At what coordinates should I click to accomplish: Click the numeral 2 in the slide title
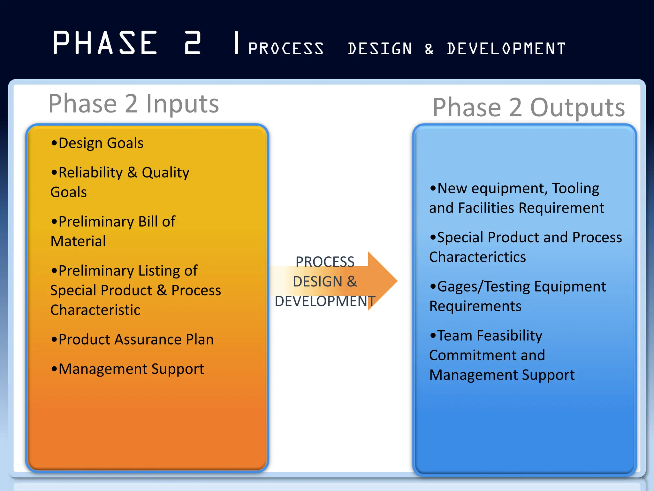[193, 43]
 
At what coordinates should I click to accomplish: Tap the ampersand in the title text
[429, 49]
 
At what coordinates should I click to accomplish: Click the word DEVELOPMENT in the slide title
[506, 49]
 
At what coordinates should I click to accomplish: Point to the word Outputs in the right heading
[577, 108]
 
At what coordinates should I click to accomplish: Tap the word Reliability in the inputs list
[91, 173]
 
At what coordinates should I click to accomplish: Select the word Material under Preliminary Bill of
[78, 241]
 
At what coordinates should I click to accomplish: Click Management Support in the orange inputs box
[131, 369]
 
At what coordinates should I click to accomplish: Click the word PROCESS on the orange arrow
[325, 262]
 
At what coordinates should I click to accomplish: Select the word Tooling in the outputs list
[575, 188]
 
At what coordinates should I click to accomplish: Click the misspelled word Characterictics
[477, 257]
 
